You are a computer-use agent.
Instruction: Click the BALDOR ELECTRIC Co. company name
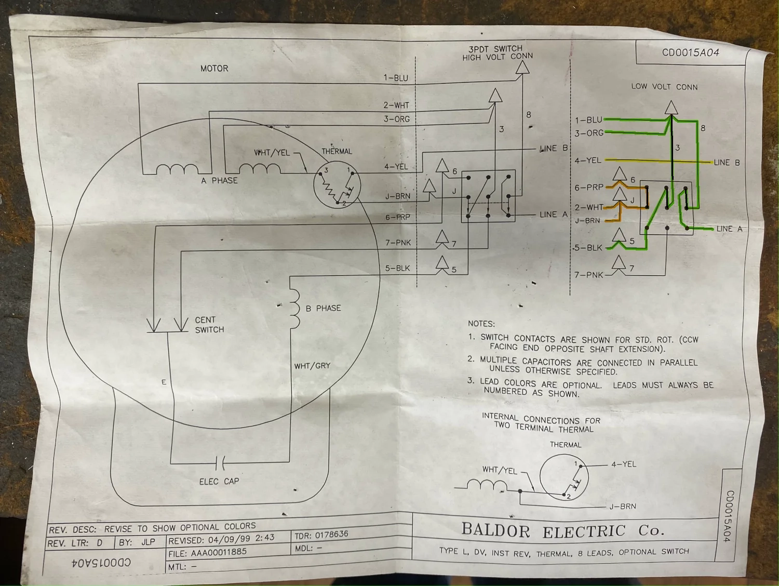(x=562, y=531)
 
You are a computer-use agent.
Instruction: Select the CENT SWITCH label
(x=209, y=325)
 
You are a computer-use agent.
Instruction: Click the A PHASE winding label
(x=219, y=180)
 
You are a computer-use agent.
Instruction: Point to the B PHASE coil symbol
(x=295, y=309)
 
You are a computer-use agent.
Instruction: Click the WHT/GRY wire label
(x=312, y=366)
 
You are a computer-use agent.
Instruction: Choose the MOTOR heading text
(x=214, y=69)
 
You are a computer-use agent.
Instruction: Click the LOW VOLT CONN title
(x=664, y=87)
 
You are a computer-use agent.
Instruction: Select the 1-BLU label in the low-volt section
(x=588, y=120)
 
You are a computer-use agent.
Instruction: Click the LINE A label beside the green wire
(x=729, y=229)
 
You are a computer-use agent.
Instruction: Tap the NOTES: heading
(x=481, y=324)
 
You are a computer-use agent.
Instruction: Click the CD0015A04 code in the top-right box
(x=690, y=52)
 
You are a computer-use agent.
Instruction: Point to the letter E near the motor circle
(x=164, y=382)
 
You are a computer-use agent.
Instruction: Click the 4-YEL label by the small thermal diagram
(x=623, y=464)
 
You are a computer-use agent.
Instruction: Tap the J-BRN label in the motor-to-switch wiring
(x=397, y=196)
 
